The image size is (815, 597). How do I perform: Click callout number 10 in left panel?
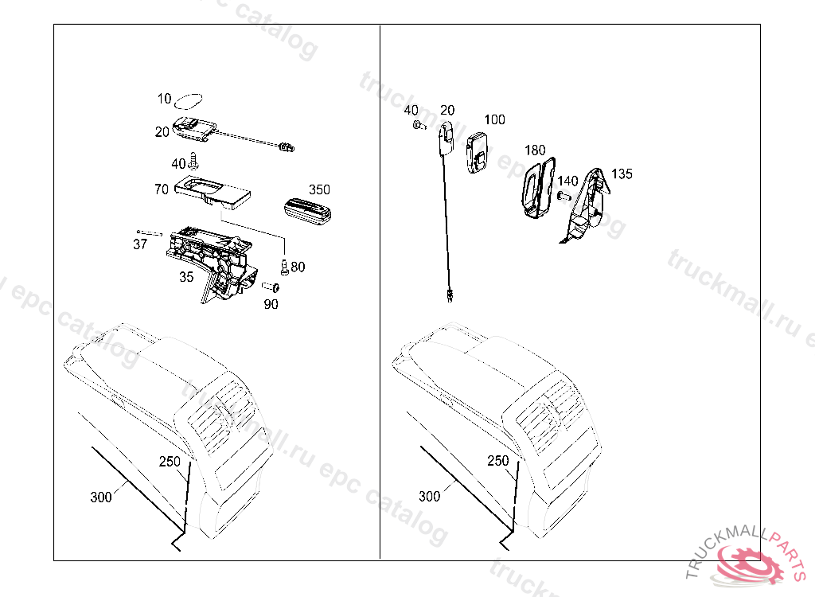click(165, 99)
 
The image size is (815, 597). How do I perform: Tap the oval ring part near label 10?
click(189, 99)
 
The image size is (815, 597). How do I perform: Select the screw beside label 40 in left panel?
click(193, 162)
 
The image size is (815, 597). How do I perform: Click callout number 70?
click(162, 190)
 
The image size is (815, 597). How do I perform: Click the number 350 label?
click(319, 189)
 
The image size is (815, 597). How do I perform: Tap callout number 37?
click(140, 244)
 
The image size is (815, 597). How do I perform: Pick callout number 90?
click(271, 304)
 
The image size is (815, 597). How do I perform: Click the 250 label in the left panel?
click(169, 461)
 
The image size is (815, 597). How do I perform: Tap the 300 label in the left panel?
click(101, 497)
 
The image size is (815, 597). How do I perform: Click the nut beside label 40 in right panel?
click(417, 125)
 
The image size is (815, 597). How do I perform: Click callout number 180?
click(535, 150)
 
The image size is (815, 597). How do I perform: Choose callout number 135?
click(622, 174)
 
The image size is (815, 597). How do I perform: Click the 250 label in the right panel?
click(497, 461)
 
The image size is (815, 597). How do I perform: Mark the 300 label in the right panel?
click(429, 497)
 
